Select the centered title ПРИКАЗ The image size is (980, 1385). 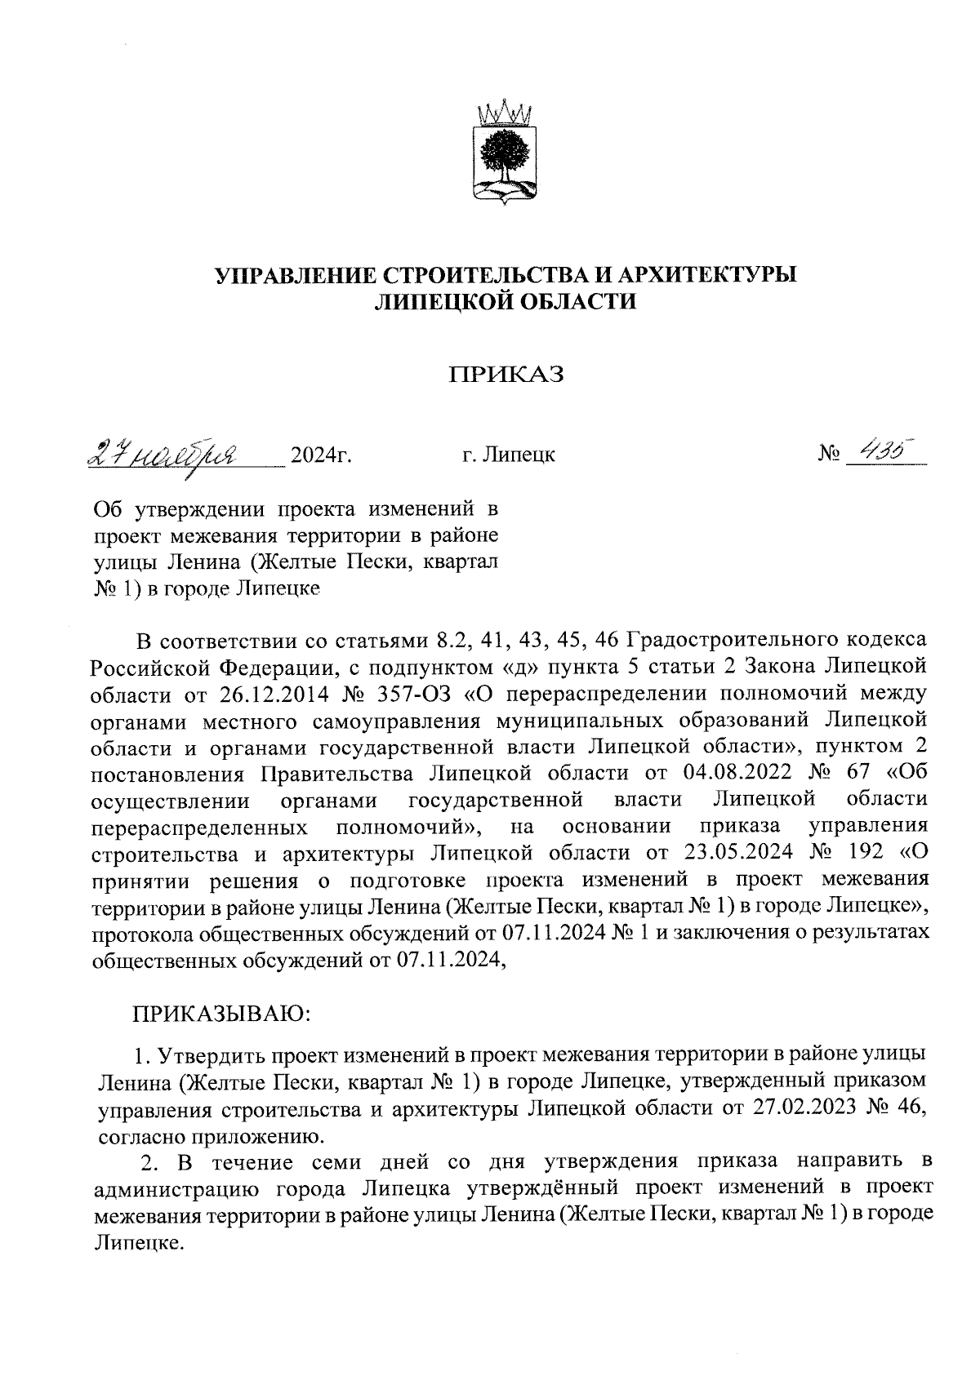(x=506, y=375)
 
